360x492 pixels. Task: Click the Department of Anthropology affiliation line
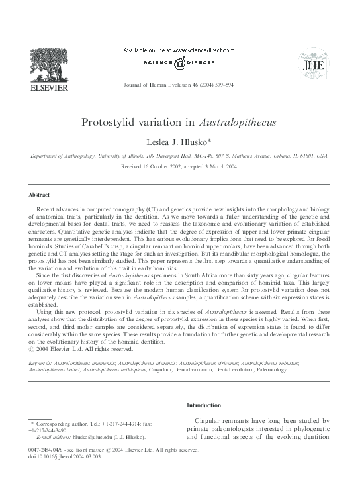point(180,156)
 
